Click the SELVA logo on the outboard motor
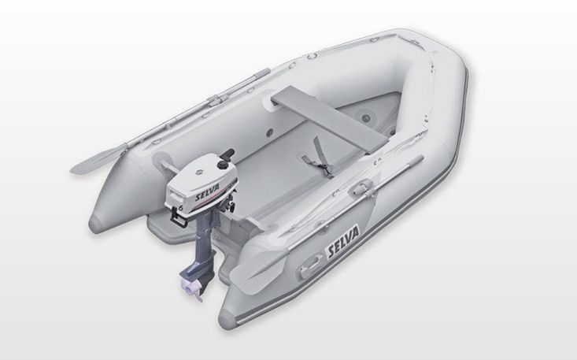coord(207,192)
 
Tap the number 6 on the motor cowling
coord(181,208)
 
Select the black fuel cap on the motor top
coord(222,165)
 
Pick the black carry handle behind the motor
coord(178,221)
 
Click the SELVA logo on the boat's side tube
coord(343,242)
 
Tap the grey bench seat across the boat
coord(329,118)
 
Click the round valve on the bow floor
coord(366,118)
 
